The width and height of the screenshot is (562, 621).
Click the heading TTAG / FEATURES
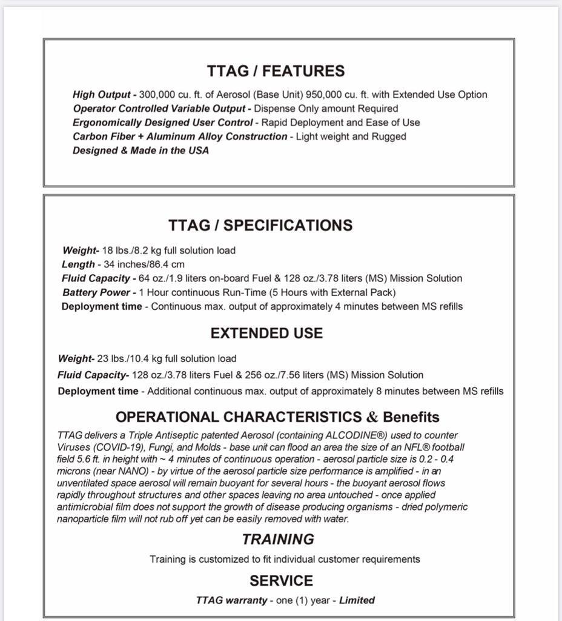click(276, 71)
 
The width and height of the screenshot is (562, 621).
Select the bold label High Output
click(101, 95)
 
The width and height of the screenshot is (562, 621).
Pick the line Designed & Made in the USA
click(140, 150)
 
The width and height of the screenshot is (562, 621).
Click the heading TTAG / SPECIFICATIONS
click(260, 226)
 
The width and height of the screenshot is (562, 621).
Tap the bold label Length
click(78, 264)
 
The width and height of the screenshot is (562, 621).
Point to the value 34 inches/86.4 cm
click(142, 264)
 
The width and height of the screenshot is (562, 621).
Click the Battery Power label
click(96, 292)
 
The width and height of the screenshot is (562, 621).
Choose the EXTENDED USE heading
click(266, 334)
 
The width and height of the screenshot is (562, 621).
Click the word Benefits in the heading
click(411, 417)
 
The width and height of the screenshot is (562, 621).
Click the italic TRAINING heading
click(278, 540)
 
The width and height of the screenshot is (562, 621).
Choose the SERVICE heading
click(281, 581)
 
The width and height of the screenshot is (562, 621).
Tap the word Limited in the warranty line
click(357, 600)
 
